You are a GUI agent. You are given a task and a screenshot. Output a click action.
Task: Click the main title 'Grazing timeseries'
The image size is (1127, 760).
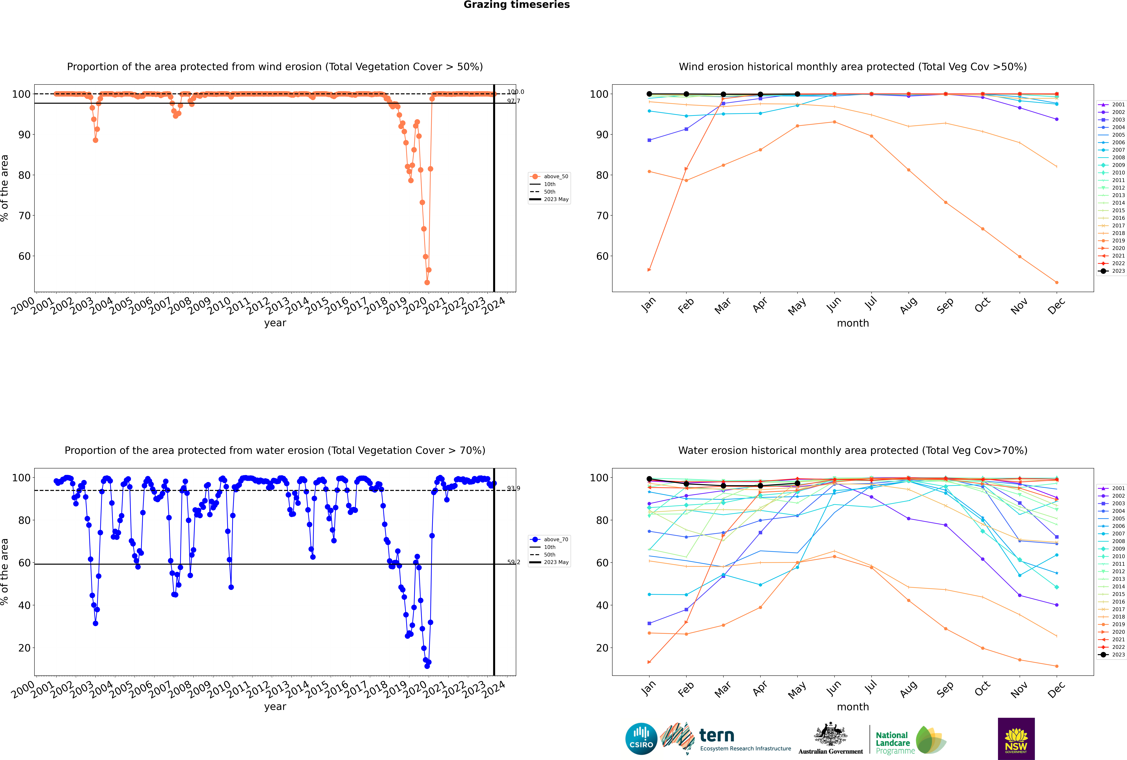click(x=517, y=5)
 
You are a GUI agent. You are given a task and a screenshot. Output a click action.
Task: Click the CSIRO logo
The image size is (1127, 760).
click(x=641, y=739)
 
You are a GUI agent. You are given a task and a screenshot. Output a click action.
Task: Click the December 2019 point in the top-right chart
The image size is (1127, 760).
click(x=1057, y=283)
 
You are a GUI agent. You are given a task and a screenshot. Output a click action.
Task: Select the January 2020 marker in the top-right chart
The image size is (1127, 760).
click(x=649, y=270)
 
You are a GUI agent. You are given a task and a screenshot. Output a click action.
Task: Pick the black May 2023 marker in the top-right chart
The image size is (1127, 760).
click(x=798, y=94)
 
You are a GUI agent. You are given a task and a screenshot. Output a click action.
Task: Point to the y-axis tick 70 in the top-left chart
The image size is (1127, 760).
click(x=24, y=216)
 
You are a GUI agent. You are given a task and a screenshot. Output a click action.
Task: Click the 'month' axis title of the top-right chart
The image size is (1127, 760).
click(x=853, y=323)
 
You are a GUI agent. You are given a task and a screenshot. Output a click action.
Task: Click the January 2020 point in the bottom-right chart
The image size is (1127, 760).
click(x=649, y=662)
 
